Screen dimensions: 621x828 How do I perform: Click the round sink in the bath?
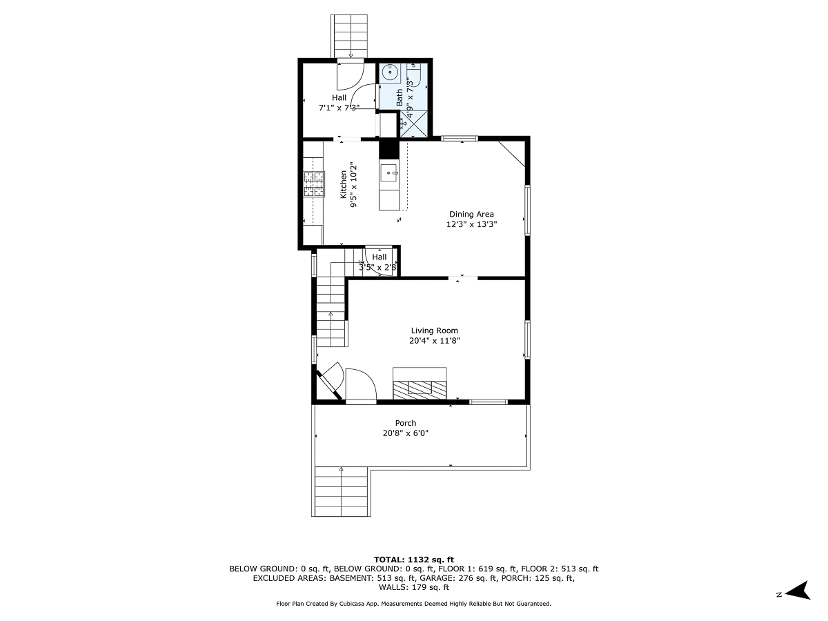pyautogui.click(x=390, y=71)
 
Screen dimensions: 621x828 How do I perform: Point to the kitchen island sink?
pyautogui.click(x=388, y=173)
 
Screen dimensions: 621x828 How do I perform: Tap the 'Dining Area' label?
pyautogui.click(x=471, y=214)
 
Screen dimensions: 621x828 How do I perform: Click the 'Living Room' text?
pyautogui.click(x=434, y=331)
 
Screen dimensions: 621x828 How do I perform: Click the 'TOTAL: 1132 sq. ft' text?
pyautogui.click(x=413, y=559)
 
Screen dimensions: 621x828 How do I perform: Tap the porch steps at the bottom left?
pyautogui.click(x=342, y=491)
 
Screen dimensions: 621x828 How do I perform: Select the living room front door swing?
pyautogui.click(x=360, y=387)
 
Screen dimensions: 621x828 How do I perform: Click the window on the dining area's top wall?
pyautogui.click(x=459, y=138)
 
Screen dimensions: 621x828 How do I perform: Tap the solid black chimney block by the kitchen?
pyautogui.click(x=388, y=149)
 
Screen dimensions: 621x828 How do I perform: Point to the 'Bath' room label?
pyautogui.click(x=400, y=97)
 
